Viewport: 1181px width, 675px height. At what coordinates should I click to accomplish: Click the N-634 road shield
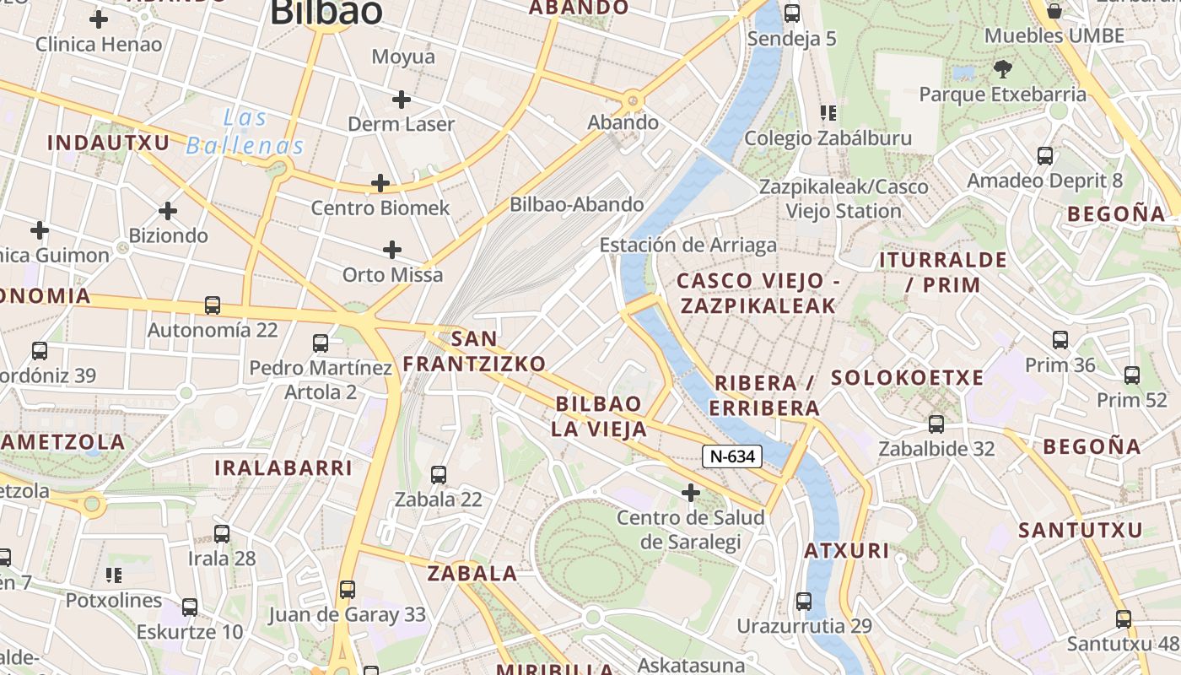[x=731, y=456]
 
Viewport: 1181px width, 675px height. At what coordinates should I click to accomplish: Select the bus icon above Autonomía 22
[x=213, y=305]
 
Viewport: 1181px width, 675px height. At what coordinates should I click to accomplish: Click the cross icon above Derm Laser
[x=402, y=100]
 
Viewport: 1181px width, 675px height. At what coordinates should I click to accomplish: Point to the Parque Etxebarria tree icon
[x=1002, y=69]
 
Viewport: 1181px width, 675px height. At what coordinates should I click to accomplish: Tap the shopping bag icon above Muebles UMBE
[x=1054, y=11]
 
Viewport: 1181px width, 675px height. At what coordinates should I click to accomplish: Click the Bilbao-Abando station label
[x=576, y=204]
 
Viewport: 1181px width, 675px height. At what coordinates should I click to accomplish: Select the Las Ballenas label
[x=245, y=132]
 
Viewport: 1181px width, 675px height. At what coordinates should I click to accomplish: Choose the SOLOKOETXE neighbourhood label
[x=908, y=378]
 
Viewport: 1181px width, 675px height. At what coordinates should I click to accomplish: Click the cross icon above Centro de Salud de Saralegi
[x=691, y=492]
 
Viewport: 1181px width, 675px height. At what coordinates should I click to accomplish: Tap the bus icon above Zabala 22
[x=439, y=475]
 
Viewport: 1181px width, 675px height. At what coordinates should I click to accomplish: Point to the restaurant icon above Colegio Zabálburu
[x=828, y=113]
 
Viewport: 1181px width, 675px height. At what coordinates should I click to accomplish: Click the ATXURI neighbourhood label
[x=846, y=551]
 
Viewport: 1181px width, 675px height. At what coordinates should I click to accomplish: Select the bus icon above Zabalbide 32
[x=936, y=424]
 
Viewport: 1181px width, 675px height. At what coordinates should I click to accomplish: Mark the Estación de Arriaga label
[x=688, y=245]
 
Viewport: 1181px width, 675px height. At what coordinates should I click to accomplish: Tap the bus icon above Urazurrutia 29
[x=804, y=602]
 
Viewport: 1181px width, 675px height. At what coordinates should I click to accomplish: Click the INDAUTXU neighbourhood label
[x=108, y=143]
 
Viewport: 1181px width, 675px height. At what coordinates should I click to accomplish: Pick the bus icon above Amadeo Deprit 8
[x=1045, y=156]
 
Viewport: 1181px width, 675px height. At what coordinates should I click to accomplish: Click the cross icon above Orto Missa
[x=392, y=250]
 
